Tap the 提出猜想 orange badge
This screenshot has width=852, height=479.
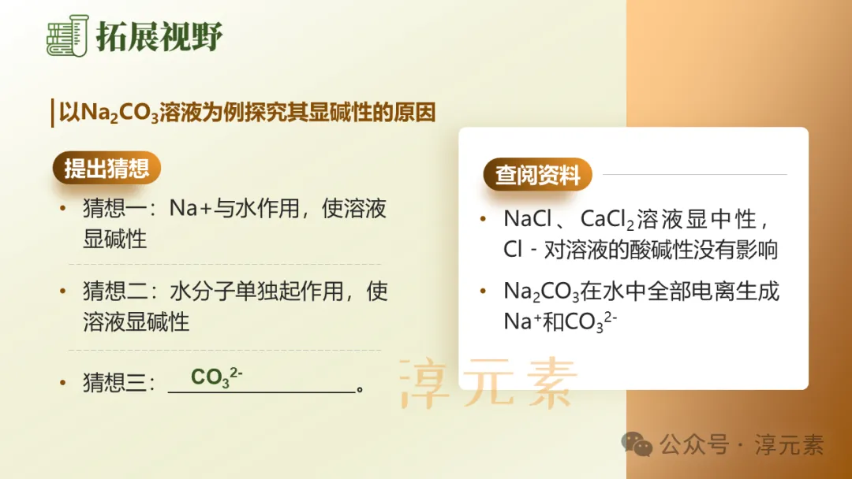[x=106, y=168]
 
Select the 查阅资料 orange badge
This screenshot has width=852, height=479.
[x=537, y=175]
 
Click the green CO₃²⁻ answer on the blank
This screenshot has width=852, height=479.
[x=215, y=377]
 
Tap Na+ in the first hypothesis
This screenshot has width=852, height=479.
[x=192, y=209]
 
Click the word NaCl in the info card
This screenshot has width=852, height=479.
[x=528, y=219]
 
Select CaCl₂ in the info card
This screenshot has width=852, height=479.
[x=607, y=219]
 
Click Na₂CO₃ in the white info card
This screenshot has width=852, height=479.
[x=541, y=292]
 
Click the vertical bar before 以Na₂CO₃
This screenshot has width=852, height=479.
[x=51, y=113]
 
